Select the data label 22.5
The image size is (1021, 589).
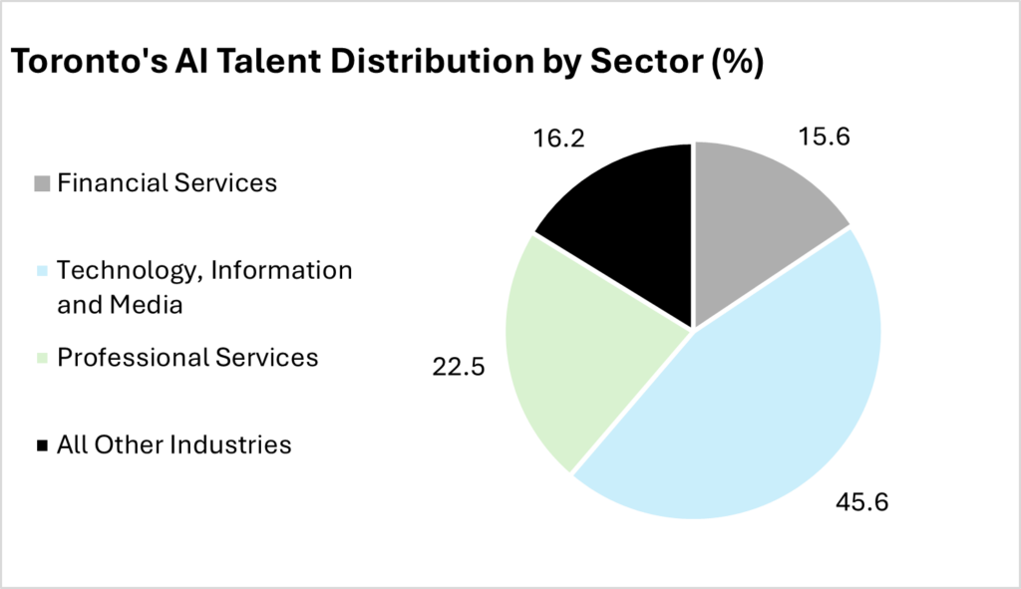coord(456,368)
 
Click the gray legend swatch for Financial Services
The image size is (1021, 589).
coord(41,183)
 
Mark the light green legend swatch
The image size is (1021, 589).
coord(41,358)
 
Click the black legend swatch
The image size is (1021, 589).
coord(41,445)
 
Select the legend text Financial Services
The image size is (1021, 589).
coord(167,183)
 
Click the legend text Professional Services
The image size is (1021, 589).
coord(187,357)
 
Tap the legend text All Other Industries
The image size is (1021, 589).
coord(174,444)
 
